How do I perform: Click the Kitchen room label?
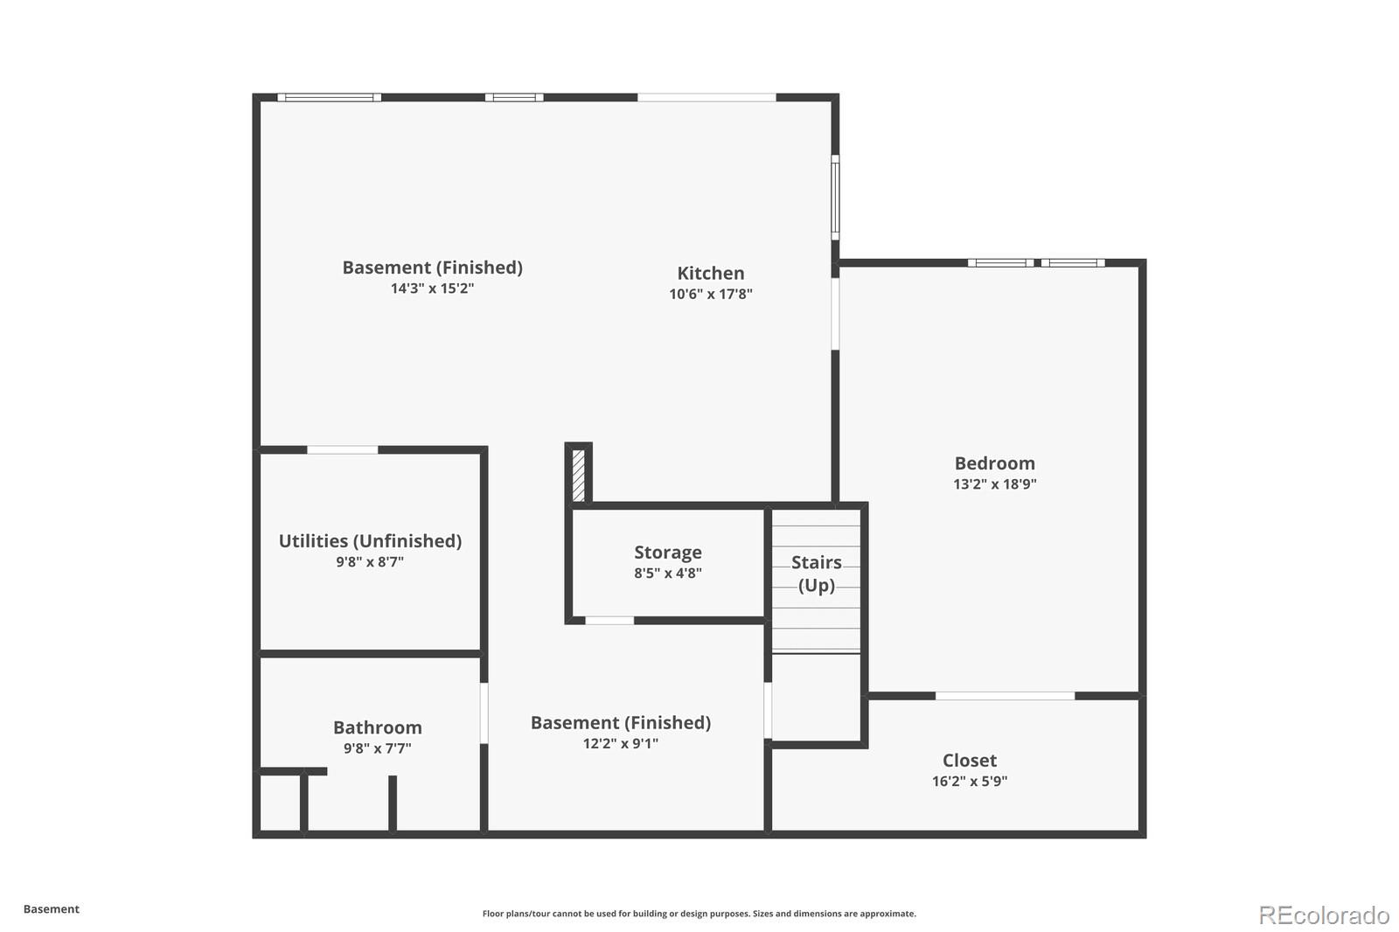pos(710,274)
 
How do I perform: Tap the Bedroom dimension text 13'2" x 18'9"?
pos(994,484)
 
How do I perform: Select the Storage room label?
pos(667,553)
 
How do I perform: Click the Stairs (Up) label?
pos(816,574)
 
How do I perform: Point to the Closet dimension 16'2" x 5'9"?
pos(969,782)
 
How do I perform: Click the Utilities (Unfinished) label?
pos(370,541)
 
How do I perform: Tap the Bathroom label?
pos(377,727)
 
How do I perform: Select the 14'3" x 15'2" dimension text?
pos(432,289)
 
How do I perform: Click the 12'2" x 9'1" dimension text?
pos(620,744)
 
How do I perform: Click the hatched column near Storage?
pos(578,475)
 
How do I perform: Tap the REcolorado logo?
pos(1323,915)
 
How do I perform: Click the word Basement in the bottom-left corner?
pos(51,909)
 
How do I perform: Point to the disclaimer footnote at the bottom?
pos(699,914)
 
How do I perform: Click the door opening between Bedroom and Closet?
pos(1005,696)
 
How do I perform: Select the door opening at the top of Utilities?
pos(342,450)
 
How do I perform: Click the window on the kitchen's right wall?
pos(835,197)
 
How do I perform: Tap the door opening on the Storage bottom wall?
pos(609,621)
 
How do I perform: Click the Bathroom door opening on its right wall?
pos(484,713)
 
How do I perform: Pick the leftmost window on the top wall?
pos(329,97)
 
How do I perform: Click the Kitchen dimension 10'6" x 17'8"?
pos(710,295)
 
